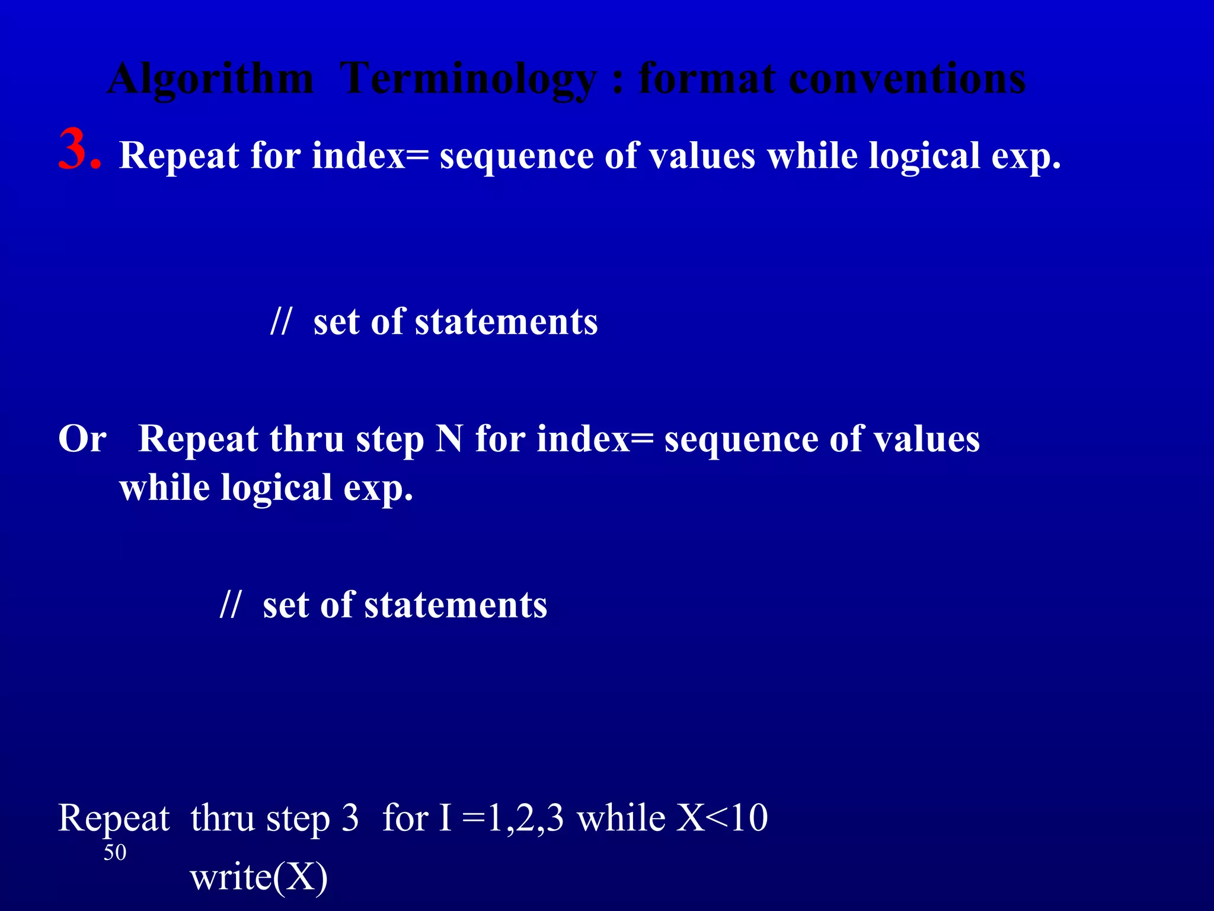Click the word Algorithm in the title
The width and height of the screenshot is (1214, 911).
(210, 79)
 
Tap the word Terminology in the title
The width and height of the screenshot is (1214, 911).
(468, 79)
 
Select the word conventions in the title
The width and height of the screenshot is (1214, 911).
(907, 79)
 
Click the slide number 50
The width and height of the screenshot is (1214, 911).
(115, 852)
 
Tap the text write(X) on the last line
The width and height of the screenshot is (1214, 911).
(259, 877)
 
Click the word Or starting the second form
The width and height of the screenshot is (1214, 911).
(82, 439)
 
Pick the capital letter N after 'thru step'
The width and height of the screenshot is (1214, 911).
(449, 439)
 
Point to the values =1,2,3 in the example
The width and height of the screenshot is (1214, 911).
(513, 818)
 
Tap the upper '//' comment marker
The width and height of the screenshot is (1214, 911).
(280, 321)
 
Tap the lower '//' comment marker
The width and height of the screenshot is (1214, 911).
(230, 605)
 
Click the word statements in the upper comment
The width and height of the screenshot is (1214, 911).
(506, 321)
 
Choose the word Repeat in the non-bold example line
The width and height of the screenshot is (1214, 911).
(114, 818)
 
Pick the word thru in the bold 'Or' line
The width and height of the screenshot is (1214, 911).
(306, 439)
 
